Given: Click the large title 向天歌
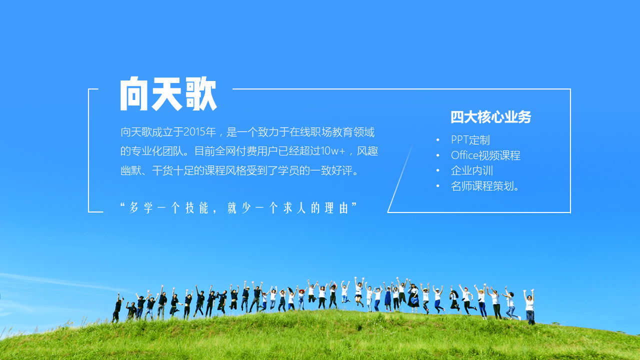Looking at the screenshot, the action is pos(168,93).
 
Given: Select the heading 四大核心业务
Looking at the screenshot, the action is pos(491,117).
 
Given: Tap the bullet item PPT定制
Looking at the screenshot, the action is pos(470,140).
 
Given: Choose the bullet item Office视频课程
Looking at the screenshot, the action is pos(485,155).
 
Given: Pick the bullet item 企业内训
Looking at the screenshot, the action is pos(472,170).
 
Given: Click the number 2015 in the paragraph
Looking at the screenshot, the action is pos(194,132).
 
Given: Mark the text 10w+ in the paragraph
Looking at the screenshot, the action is pos(333,151).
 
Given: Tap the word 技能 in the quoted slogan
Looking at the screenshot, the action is pos(197,207).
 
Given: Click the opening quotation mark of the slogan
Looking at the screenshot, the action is pos(123,205).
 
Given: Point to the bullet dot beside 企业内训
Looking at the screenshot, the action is pos(437,170).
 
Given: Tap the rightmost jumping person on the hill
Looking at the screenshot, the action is pos(530,306).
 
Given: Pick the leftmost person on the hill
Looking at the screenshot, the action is pos(117,307).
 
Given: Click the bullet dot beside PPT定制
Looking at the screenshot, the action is pos(437,140).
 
